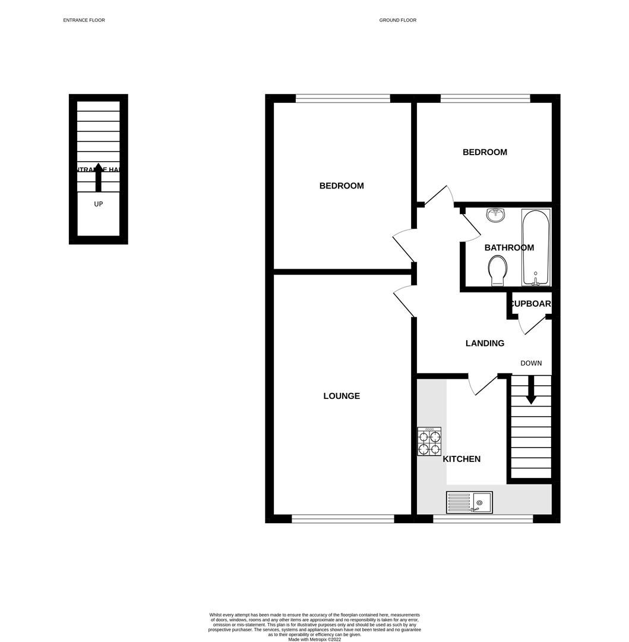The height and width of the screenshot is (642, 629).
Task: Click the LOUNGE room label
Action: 342,396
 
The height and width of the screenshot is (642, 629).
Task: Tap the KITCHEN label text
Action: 462,459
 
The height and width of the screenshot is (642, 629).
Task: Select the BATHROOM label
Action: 509,248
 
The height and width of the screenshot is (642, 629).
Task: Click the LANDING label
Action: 485,343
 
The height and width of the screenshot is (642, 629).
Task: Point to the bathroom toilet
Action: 497,270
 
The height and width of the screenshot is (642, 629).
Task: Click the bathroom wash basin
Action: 495,215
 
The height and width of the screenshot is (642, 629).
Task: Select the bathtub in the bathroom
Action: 536,247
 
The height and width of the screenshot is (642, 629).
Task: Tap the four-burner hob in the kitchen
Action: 429,442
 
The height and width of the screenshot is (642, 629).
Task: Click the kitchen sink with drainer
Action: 469,502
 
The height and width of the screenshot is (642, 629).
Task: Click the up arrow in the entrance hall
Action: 99,177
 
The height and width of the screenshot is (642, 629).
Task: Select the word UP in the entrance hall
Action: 99,204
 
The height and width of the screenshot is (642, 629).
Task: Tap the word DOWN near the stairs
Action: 531,363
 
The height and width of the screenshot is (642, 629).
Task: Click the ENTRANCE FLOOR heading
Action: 84,20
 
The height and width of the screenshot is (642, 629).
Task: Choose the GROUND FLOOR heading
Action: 397,20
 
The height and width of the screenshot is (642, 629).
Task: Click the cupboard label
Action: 531,304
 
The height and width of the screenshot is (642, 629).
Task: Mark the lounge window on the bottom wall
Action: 343,519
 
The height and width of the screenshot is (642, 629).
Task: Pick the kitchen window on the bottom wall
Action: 483,519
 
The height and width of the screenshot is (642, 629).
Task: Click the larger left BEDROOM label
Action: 342,185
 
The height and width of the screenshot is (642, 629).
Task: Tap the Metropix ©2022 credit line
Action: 314,640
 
